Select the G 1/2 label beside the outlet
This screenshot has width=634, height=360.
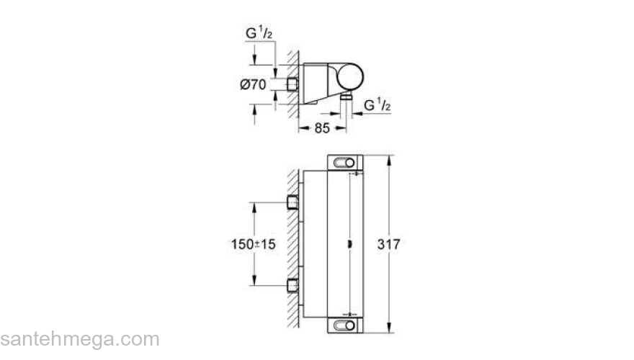pyautogui.click(x=378, y=105)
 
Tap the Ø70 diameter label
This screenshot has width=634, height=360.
pyautogui.click(x=253, y=84)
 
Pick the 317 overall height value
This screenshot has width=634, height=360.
pyautogui.click(x=389, y=244)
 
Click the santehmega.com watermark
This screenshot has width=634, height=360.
pyautogui.click(x=79, y=338)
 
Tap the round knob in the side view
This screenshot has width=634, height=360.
pyautogui.click(x=349, y=77)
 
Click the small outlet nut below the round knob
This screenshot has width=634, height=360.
pyautogui.click(x=347, y=95)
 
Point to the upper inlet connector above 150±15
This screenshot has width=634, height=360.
pyautogui.click(x=293, y=202)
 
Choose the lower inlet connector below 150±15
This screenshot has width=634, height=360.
pyautogui.click(x=293, y=285)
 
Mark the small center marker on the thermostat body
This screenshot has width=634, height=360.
pyautogui.click(x=349, y=244)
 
